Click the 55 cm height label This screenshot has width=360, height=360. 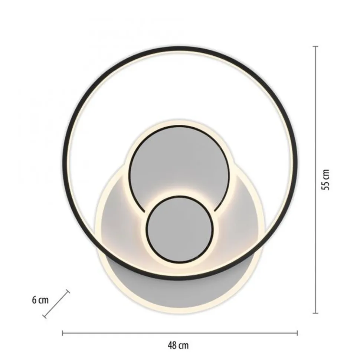click(x=326, y=180)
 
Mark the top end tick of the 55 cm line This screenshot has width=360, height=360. click(x=316, y=46)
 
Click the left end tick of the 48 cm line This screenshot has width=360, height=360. click(x=62, y=333)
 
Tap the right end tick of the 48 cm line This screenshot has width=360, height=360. click(x=298, y=333)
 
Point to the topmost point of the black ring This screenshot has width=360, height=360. click(x=180, y=48)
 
